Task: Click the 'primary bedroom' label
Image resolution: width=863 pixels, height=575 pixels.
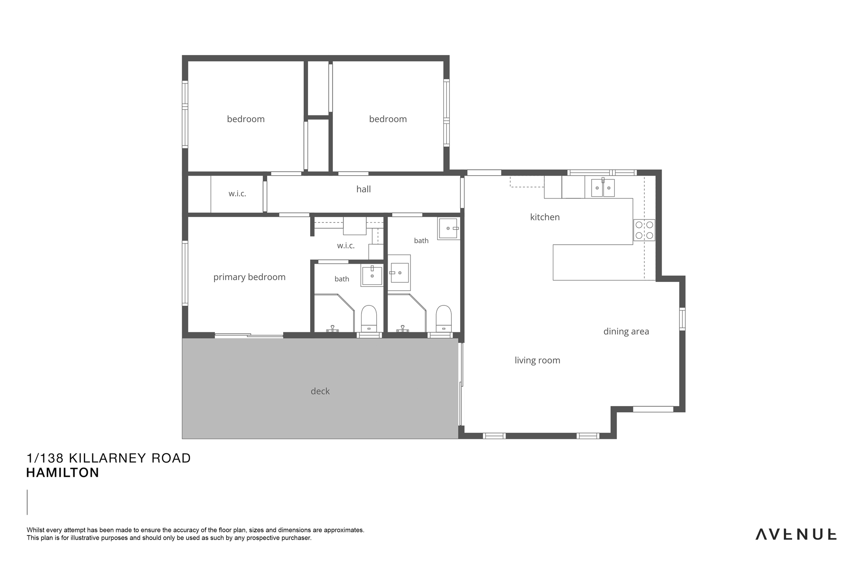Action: pyautogui.click(x=249, y=277)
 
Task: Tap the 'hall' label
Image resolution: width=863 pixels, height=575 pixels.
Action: pyautogui.click(x=364, y=189)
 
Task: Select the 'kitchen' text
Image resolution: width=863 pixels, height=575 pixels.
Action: pyautogui.click(x=545, y=217)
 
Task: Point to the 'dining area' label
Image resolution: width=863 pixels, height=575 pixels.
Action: pyautogui.click(x=626, y=332)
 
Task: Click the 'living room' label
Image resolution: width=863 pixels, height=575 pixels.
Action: pyautogui.click(x=537, y=360)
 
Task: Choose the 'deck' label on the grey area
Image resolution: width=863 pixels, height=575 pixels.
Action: pyautogui.click(x=320, y=391)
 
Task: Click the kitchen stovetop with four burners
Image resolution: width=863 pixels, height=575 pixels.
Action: pyautogui.click(x=644, y=230)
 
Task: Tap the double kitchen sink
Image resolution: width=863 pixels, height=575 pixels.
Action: pyautogui.click(x=603, y=187)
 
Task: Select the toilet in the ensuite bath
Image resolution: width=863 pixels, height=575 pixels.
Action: pyautogui.click(x=369, y=319)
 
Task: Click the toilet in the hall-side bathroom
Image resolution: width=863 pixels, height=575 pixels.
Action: pyautogui.click(x=443, y=319)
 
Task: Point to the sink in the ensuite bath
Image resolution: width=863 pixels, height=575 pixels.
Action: pyautogui.click(x=372, y=275)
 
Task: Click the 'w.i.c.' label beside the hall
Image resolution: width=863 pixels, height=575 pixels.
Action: pyautogui.click(x=237, y=194)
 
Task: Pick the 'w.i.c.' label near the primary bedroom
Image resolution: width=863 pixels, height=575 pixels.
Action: pyautogui.click(x=346, y=246)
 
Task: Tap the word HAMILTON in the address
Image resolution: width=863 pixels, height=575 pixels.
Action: pyautogui.click(x=63, y=473)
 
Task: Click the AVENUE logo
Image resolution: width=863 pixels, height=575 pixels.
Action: pyautogui.click(x=796, y=534)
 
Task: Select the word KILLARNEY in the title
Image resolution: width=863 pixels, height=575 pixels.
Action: pyautogui.click(x=107, y=458)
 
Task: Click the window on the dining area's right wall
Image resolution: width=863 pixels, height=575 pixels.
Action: pyautogui.click(x=682, y=319)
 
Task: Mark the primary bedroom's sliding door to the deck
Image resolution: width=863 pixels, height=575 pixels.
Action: pyautogui.click(x=249, y=335)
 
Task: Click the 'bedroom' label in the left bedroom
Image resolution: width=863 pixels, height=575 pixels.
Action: pyautogui.click(x=246, y=119)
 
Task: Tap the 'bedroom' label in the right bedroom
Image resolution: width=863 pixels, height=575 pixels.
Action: pyautogui.click(x=388, y=119)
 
